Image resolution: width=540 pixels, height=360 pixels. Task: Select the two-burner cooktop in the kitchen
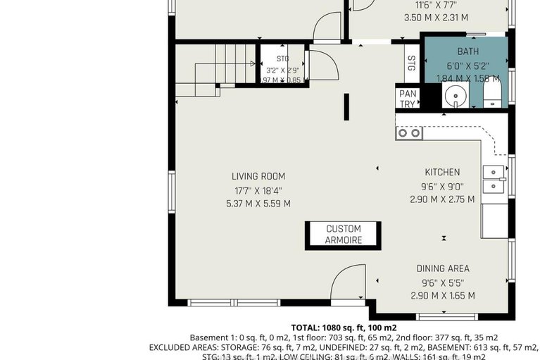point(408,132)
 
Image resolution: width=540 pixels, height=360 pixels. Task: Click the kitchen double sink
point(494,178)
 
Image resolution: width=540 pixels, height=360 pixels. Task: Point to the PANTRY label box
point(407,99)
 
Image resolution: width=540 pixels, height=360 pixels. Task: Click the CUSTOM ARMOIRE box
point(344,235)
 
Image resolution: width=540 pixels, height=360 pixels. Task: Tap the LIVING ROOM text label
point(258,176)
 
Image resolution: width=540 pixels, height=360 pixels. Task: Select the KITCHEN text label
point(442,172)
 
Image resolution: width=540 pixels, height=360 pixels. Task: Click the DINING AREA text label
point(442,268)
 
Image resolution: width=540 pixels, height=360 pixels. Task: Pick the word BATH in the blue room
point(467,51)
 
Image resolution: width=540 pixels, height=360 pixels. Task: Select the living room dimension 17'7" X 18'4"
point(258,190)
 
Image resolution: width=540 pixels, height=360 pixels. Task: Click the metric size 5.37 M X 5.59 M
point(258,204)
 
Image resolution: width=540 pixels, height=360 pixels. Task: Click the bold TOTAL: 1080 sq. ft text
point(344,328)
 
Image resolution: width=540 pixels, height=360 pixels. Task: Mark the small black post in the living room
point(346,107)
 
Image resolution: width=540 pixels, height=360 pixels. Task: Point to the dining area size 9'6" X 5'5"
point(442,282)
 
